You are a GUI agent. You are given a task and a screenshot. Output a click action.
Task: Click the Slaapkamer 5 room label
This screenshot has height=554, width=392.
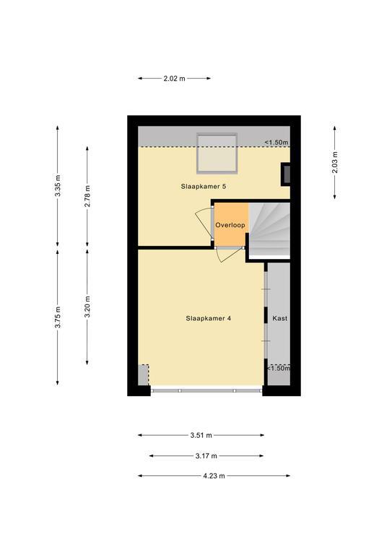(204, 186)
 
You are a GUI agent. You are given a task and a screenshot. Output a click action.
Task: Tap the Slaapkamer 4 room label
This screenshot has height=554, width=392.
(208, 318)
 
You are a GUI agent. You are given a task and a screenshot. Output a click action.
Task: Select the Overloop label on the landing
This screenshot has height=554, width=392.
(230, 225)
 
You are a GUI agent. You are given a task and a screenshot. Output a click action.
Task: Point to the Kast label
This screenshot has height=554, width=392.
(279, 318)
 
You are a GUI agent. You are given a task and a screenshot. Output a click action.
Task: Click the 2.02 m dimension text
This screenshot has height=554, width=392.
(174, 79)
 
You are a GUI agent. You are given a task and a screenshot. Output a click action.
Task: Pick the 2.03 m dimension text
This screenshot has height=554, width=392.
(335, 162)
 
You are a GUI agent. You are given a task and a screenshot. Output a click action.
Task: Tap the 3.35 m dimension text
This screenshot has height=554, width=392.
(58, 186)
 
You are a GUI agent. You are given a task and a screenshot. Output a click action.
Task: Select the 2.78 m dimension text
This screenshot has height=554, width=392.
(87, 196)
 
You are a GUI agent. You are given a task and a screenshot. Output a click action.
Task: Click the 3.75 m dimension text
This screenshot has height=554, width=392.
(58, 317)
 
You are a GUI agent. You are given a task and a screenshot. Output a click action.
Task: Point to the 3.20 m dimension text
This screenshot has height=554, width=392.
(87, 307)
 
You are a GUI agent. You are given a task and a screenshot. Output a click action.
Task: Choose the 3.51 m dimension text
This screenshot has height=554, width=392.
(201, 435)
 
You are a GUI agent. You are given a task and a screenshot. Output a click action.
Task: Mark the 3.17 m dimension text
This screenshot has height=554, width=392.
(206, 456)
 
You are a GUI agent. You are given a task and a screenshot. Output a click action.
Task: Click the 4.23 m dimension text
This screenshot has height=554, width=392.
(214, 476)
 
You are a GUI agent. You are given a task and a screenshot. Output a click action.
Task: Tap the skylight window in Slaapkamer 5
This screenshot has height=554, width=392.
(217, 154)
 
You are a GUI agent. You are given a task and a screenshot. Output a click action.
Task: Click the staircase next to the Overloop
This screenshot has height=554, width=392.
(269, 229)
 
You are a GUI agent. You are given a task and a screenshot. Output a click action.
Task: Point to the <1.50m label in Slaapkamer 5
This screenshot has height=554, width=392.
(276, 143)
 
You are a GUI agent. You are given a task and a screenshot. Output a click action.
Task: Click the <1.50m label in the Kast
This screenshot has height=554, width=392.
(279, 368)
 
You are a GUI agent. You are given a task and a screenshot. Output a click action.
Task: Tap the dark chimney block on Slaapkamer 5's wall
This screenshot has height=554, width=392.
(286, 174)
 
